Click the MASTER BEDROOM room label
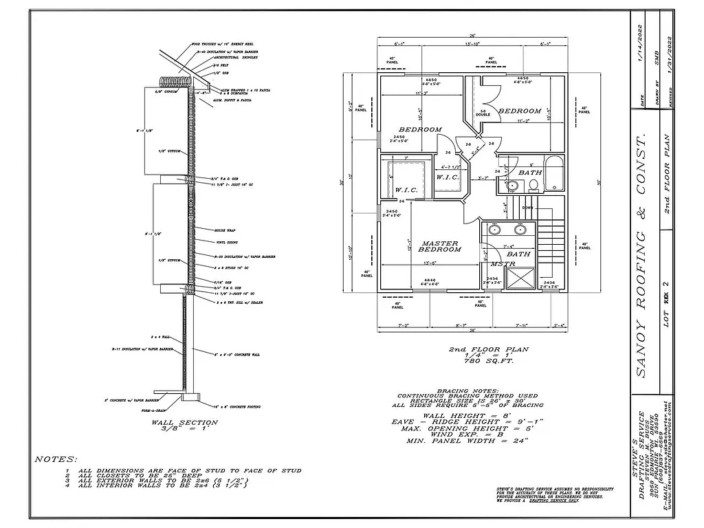point(440,245)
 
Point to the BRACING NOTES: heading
point(471,389)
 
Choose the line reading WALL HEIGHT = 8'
point(471,415)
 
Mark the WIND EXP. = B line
point(471,434)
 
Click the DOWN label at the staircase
point(527,207)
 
